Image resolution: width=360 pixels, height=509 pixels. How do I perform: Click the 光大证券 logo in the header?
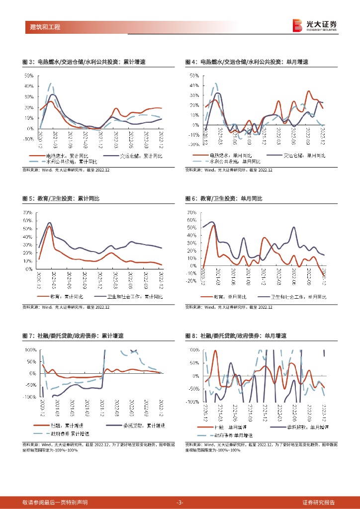[x=314, y=25]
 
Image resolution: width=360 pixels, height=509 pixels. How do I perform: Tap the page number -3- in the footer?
[x=180, y=502]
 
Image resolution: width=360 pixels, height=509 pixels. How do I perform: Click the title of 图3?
[x=84, y=62]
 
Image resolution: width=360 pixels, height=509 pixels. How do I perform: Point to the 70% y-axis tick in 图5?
[x=28, y=213]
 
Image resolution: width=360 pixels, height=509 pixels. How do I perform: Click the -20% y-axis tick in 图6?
[x=191, y=281]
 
